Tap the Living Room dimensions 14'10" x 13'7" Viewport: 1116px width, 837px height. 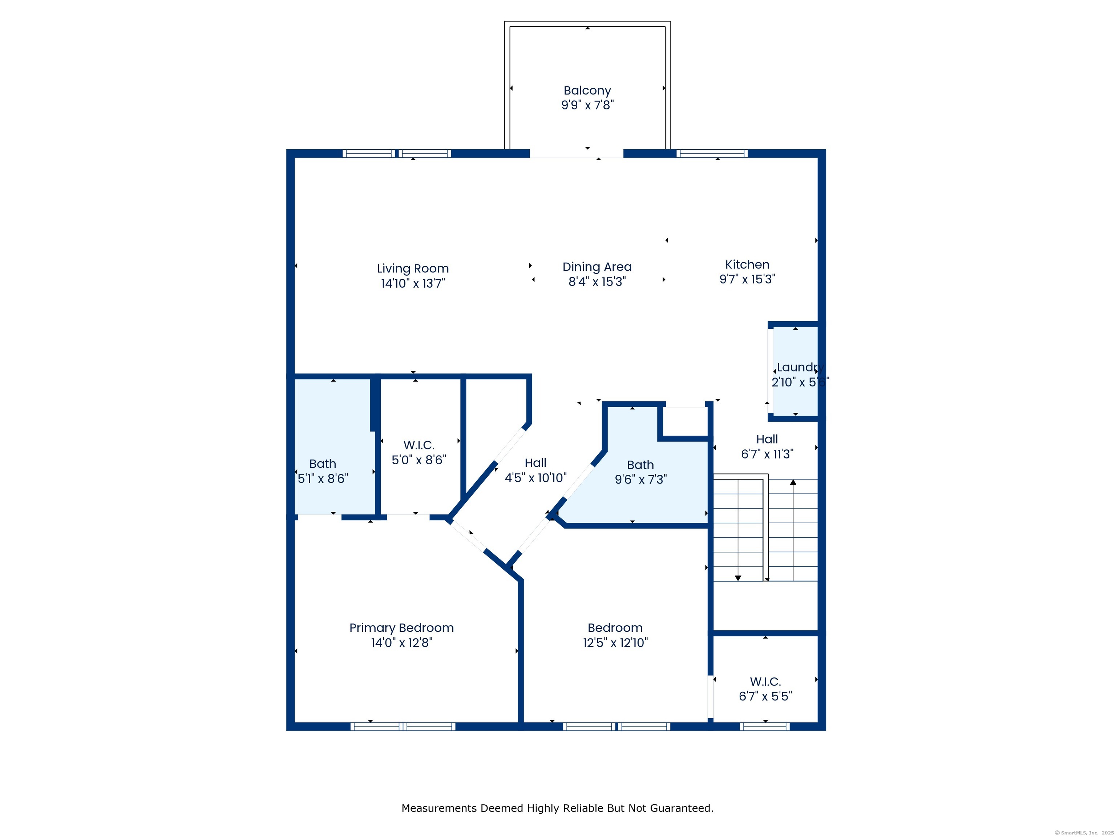pyautogui.click(x=413, y=283)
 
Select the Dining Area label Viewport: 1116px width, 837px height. pyautogui.click(x=597, y=267)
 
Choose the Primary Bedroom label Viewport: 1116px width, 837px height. pyautogui.click(x=401, y=628)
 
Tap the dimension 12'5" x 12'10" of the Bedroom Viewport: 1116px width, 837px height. pyautogui.click(x=615, y=643)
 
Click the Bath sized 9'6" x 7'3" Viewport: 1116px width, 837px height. pyautogui.click(x=640, y=472)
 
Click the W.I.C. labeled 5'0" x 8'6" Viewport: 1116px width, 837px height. pyautogui.click(x=419, y=452)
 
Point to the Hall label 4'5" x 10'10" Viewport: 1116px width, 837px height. pyautogui.click(x=535, y=470)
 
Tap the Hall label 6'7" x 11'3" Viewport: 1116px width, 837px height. pyautogui.click(x=767, y=446)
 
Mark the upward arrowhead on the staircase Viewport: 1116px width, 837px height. pyautogui.click(x=793, y=482)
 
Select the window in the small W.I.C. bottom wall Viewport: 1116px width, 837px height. pyautogui.click(x=764, y=727)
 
